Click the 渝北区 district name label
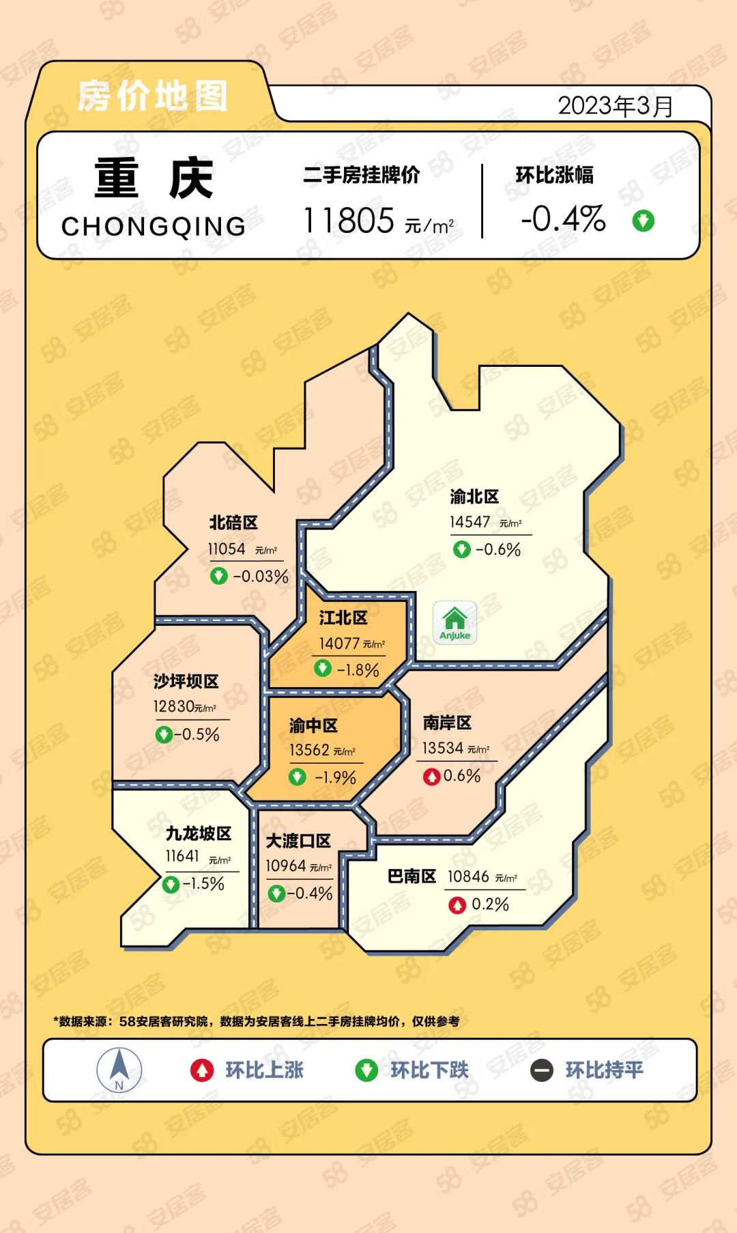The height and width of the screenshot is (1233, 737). point(474,497)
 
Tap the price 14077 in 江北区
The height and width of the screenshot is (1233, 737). point(339,643)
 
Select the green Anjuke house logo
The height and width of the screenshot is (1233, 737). point(455,622)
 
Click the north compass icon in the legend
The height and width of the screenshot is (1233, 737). point(119,1069)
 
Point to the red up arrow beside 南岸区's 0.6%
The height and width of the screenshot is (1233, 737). point(431,777)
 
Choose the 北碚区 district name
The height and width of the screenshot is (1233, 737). point(233,523)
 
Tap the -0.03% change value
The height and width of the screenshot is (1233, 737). point(261,577)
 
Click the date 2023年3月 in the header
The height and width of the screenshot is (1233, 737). point(616,106)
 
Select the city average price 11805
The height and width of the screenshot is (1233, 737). point(349,221)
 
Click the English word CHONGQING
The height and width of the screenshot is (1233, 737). point(154,226)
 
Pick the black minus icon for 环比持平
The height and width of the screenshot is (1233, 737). point(542,1070)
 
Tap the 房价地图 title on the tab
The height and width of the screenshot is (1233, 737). point(152,96)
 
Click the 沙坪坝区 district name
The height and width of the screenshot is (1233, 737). point(186,681)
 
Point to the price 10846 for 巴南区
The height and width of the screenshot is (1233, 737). point(468,876)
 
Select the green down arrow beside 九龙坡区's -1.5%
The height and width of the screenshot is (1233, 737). point(171,885)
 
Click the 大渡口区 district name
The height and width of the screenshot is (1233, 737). point(298,841)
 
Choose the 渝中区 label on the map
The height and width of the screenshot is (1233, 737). point(313,725)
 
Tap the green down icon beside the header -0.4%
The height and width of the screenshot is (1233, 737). point(643,221)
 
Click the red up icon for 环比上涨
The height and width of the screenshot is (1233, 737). point(202,1070)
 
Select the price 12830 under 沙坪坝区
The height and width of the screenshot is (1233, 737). point(173,706)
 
